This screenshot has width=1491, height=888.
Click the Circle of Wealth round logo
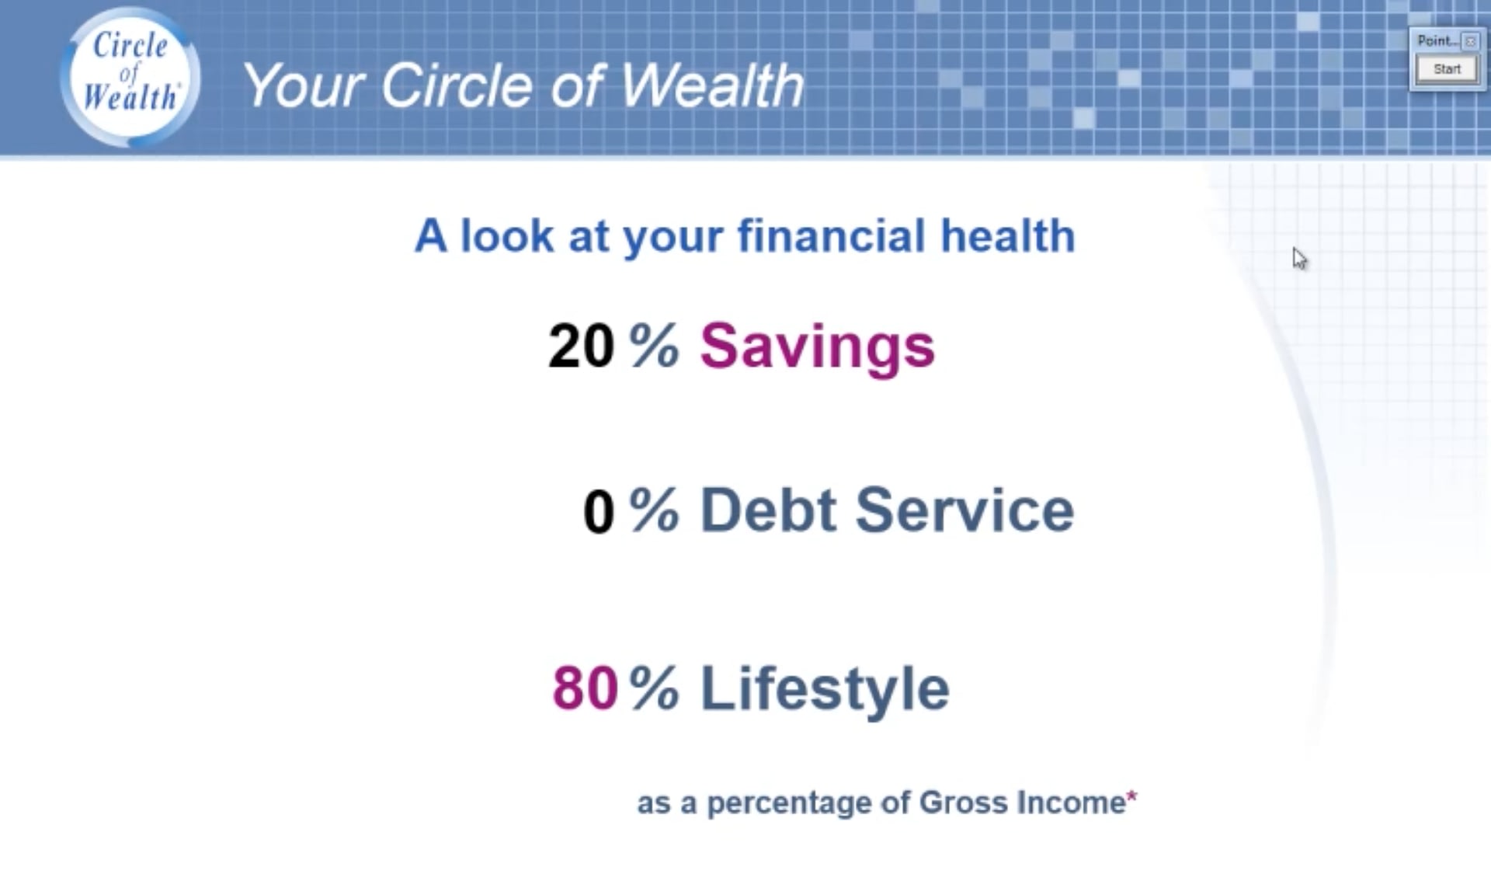tap(130, 76)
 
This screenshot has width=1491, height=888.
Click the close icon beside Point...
tap(1469, 41)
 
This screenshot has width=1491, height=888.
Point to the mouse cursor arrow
tap(1299, 259)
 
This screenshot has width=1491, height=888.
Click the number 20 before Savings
tap(581, 346)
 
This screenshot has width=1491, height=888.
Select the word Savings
tap(817, 347)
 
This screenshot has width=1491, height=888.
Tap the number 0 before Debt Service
tap(599, 512)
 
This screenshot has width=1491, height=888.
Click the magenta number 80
tap(585, 688)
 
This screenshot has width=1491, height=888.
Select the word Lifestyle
tap(825, 690)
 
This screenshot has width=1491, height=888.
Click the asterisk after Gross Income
tap(1131, 796)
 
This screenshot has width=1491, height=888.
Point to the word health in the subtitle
tap(1008, 235)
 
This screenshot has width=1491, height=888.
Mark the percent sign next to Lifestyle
tap(654, 688)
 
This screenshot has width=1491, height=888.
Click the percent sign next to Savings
tap(654, 346)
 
